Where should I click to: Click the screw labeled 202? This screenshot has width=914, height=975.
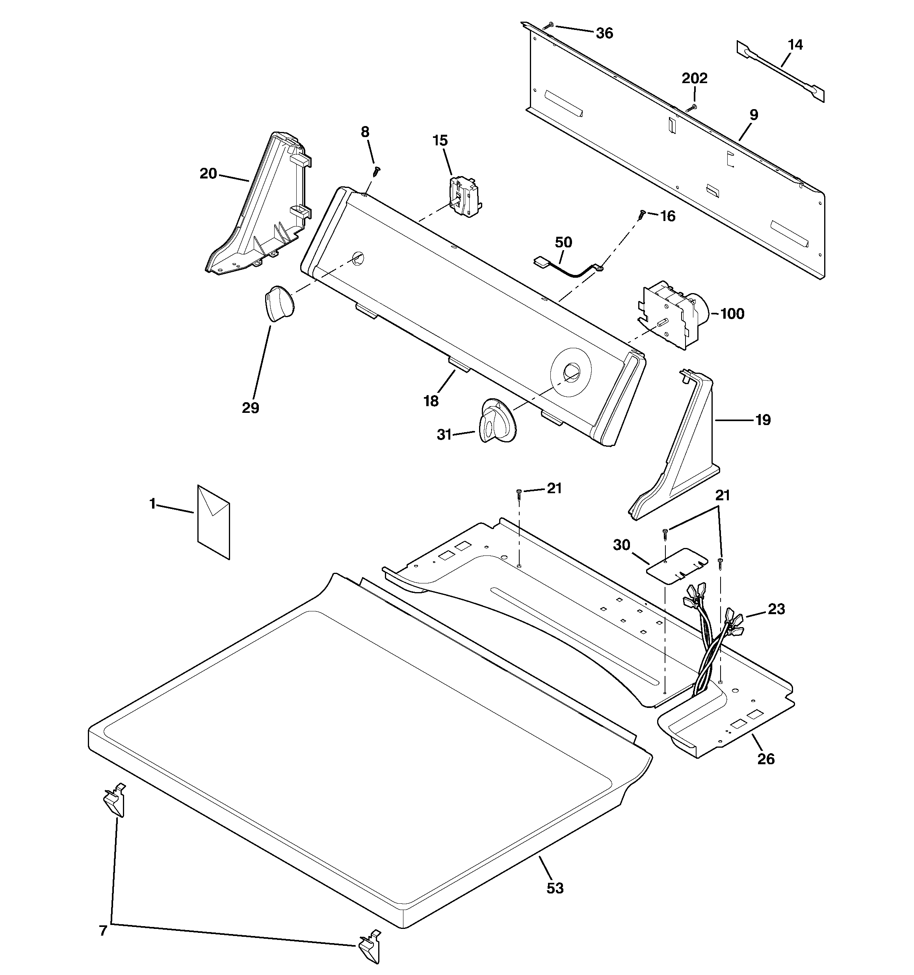pyautogui.click(x=691, y=108)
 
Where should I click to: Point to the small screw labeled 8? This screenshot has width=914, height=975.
pyautogui.click(x=377, y=170)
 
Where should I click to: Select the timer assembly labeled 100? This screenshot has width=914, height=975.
pyautogui.click(x=672, y=314)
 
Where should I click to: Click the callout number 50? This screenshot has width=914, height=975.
pyautogui.click(x=564, y=242)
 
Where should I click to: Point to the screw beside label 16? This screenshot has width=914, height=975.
pyautogui.click(x=642, y=214)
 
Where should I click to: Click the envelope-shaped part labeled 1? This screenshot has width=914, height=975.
pyautogui.click(x=214, y=521)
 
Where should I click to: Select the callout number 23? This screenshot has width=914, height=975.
pyautogui.click(x=777, y=609)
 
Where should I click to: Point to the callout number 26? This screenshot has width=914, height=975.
pyautogui.click(x=766, y=759)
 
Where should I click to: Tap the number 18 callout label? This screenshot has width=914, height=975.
pyautogui.click(x=431, y=401)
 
